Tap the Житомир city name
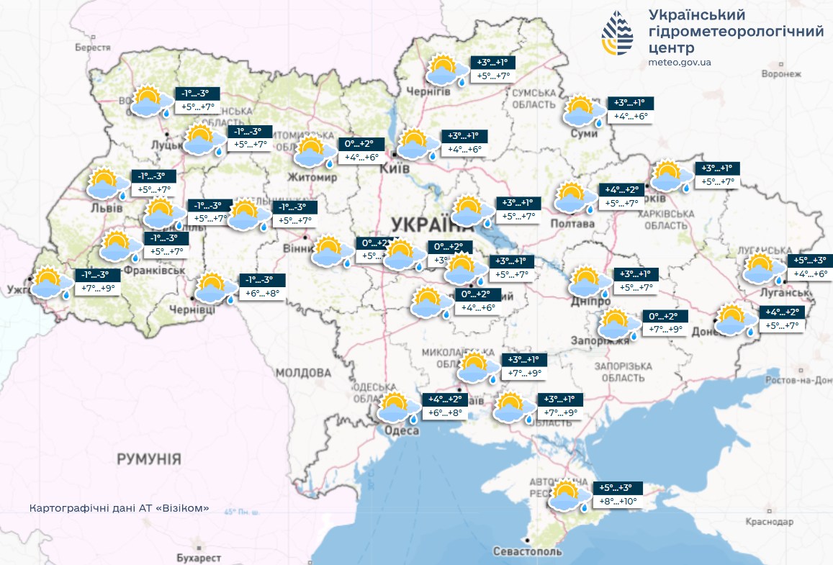[x=312, y=177]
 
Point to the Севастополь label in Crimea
[x=527, y=551]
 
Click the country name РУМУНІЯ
[x=149, y=459]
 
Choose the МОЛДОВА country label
[x=303, y=373]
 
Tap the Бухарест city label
[x=199, y=558]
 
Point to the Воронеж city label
[x=781, y=74]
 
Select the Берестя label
[x=93, y=47]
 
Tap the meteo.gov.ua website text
[x=680, y=62]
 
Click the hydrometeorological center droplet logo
[x=618, y=33]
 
